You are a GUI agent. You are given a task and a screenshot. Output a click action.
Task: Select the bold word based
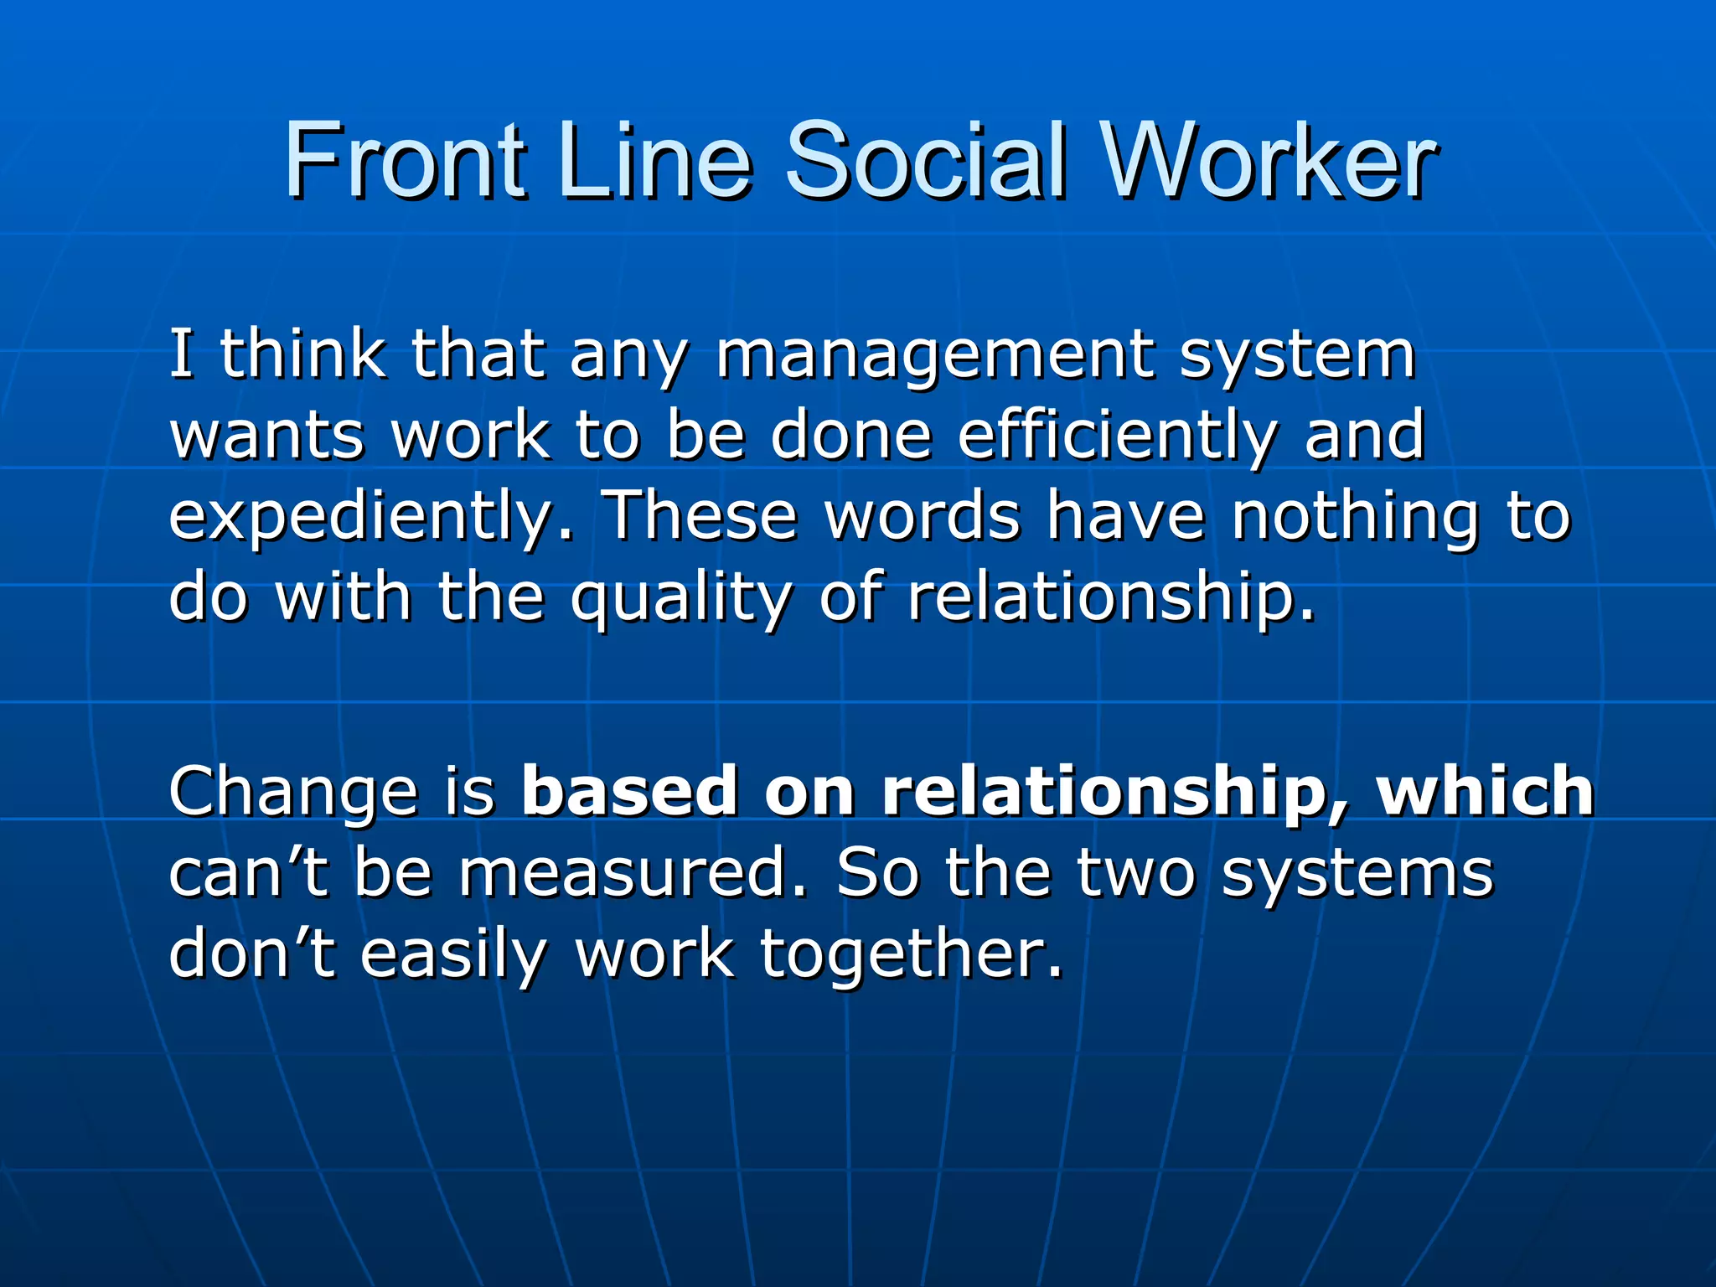[629, 791]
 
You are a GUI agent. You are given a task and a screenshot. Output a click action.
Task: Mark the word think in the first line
[302, 355]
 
